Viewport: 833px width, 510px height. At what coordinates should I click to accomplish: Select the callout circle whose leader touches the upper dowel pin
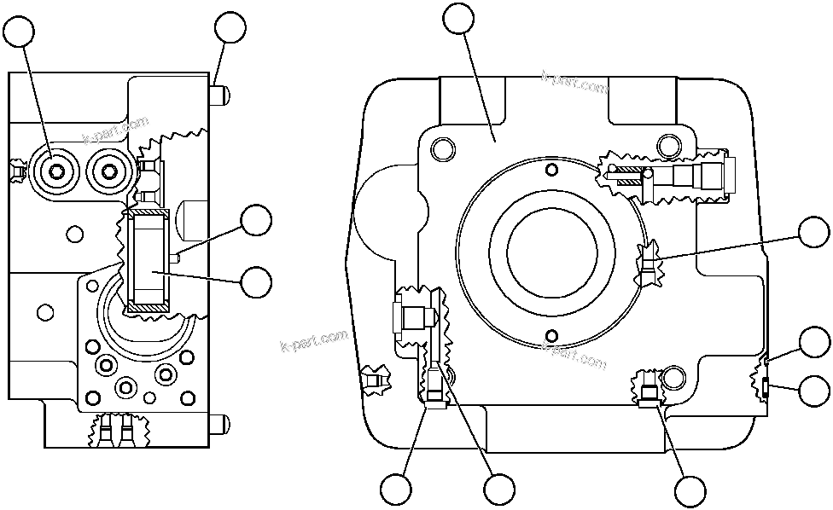click(230, 27)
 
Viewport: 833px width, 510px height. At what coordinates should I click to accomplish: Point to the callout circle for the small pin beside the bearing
click(257, 221)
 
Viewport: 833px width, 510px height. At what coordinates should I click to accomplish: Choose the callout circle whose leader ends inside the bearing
click(257, 282)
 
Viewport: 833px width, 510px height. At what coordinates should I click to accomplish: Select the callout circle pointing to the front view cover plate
click(460, 19)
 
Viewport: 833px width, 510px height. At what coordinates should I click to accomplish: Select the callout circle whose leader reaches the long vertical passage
click(498, 490)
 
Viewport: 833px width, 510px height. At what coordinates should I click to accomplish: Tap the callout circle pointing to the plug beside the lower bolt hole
click(690, 490)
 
